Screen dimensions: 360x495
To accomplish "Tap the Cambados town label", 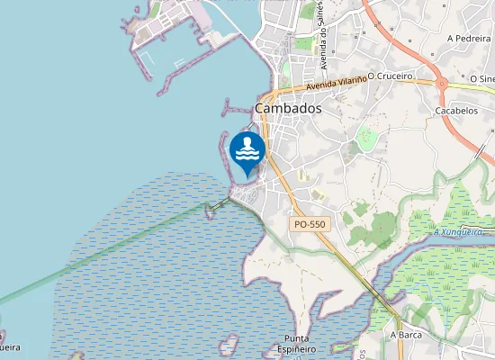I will (x=288, y=108).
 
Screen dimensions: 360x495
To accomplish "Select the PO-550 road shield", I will (x=309, y=224).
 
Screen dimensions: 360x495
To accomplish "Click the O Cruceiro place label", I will (x=390, y=76).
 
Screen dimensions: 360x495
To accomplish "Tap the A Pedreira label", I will (x=468, y=40).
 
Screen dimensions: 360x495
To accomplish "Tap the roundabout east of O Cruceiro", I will (x=442, y=85).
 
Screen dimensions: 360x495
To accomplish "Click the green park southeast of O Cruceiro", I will (x=366, y=138).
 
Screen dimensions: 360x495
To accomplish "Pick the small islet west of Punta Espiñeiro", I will (x=229, y=343).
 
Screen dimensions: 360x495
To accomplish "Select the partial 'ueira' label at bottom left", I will (x=10, y=346).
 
